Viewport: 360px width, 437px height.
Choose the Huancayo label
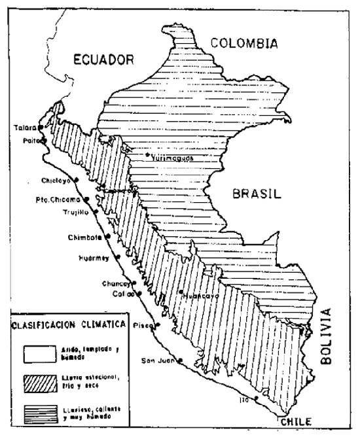tap(198, 296)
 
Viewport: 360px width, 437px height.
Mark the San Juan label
tap(158, 360)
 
